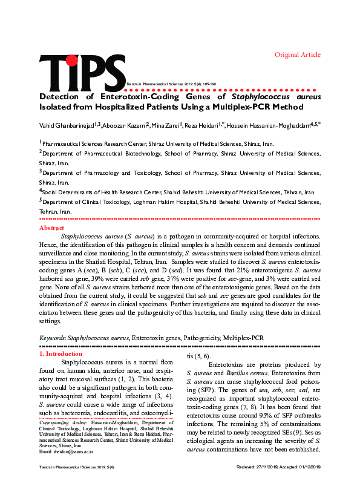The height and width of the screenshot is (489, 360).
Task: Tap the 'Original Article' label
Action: [x=298, y=54]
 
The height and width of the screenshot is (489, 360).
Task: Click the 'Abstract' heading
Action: [x=51, y=228]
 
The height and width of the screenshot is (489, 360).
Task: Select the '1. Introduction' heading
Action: [x=61, y=353]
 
